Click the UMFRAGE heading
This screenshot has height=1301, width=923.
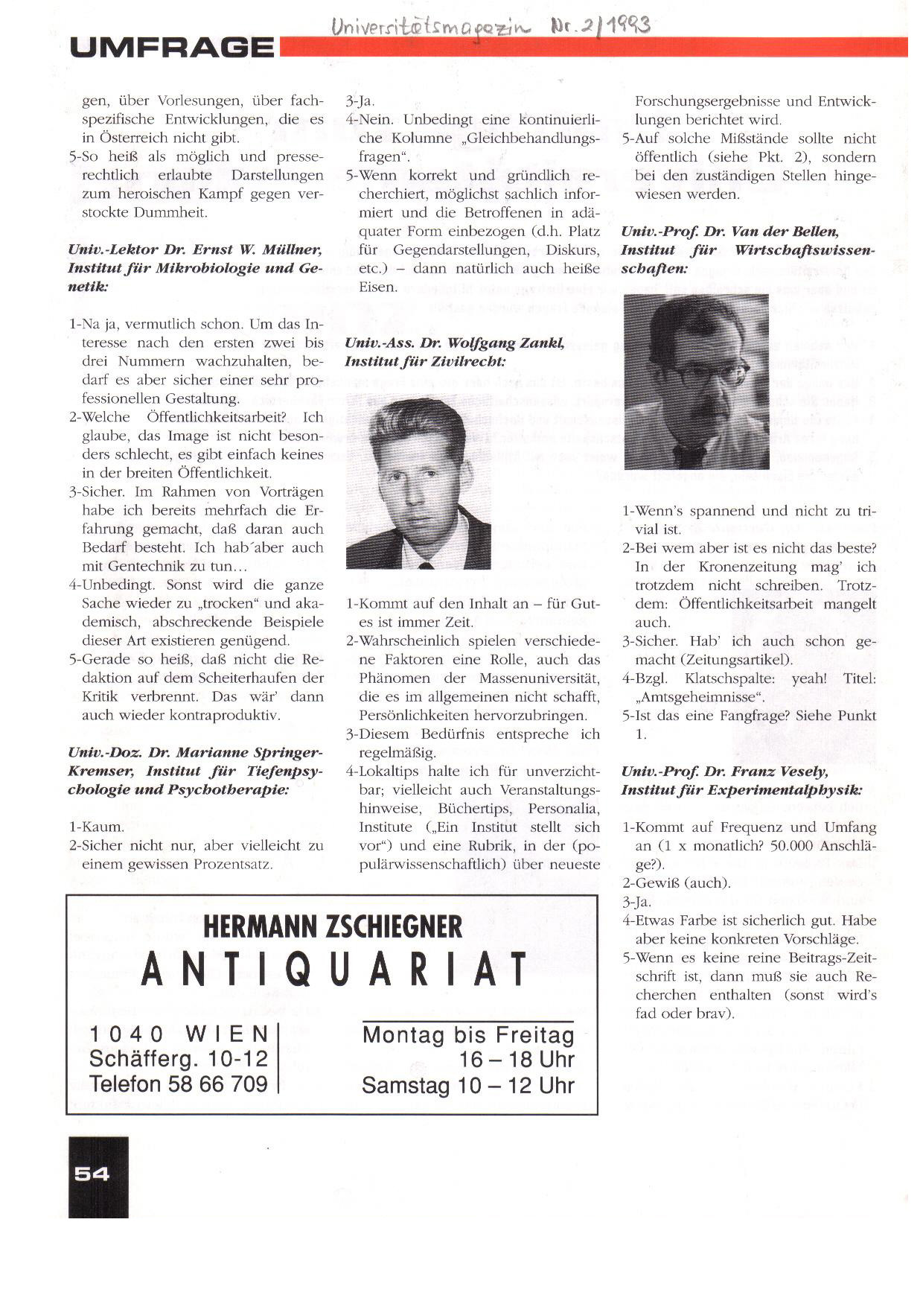tap(172, 48)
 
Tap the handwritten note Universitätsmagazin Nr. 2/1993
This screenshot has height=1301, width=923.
tap(491, 28)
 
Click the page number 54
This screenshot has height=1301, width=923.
tap(92, 1174)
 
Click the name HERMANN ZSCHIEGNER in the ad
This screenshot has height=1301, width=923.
tap(333, 927)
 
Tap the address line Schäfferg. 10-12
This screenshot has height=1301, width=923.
tap(178, 1058)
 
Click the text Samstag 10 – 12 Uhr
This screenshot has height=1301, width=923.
tap(468, 1085)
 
